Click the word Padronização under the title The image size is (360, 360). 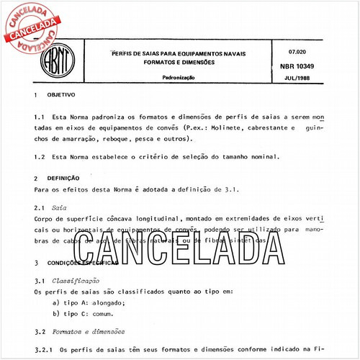point(180,75)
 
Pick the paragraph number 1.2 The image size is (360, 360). point(40,156)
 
